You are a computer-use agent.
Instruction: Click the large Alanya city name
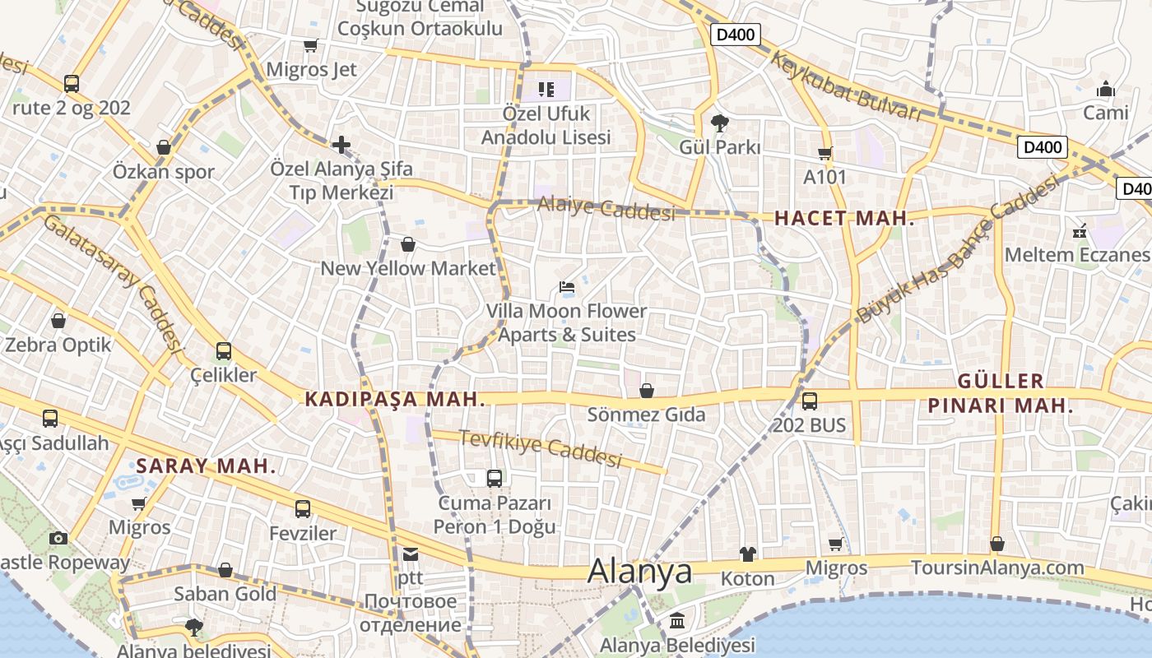639,571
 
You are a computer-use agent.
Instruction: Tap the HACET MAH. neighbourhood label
844,219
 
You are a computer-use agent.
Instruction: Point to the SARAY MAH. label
207,466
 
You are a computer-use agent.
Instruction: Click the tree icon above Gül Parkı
720,123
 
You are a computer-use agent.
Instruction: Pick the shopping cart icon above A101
825,153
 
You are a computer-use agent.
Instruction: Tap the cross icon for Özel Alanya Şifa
341,146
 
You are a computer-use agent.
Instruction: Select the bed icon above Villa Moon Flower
567,287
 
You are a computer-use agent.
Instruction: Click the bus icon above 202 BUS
810,401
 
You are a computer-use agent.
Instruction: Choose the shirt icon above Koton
748,554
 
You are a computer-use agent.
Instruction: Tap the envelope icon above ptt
411,554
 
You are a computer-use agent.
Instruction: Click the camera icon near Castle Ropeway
58,539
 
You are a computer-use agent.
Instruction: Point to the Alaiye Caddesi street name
606,209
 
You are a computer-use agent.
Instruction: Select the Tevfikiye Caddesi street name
540,448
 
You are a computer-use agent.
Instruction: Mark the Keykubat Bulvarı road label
847,86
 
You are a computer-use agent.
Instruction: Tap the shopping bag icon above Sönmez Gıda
647,390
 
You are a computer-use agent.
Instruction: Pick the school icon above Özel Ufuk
546,89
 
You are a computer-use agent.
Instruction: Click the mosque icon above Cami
1106,88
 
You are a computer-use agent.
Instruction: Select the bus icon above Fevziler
303,509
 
